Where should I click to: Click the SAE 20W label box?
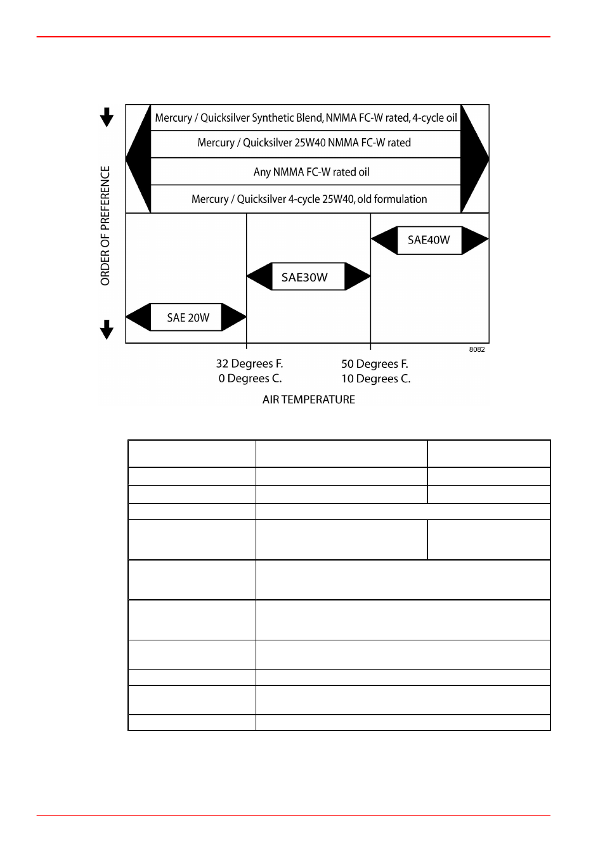pos(186,317)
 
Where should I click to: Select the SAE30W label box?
pos(308,276)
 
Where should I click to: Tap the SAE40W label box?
pos(429,240)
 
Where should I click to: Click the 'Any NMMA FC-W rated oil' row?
pos(311,172)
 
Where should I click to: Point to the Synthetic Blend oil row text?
pos(306,118)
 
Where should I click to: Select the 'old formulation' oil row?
pos(309,199)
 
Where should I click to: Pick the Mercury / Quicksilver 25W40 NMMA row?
pos(304,143)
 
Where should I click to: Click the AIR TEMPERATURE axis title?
pos(309,399)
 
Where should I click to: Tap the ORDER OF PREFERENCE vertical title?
pos(105,226)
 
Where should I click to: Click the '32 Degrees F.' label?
pos(250,363)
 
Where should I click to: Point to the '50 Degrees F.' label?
pos(375,364)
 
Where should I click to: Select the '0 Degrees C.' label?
pos(250,379)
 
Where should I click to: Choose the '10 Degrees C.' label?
pos(376,379)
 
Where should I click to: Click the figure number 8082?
pos(477,349)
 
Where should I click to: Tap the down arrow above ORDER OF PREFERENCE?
pos(107,117)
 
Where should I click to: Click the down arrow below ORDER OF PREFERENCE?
pos(107,330)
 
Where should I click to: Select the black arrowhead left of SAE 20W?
pos(138,317)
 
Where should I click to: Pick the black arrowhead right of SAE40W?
pos(475,240)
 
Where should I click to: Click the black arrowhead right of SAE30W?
pos(358,276)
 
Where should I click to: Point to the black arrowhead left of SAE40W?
pos(384,240)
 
